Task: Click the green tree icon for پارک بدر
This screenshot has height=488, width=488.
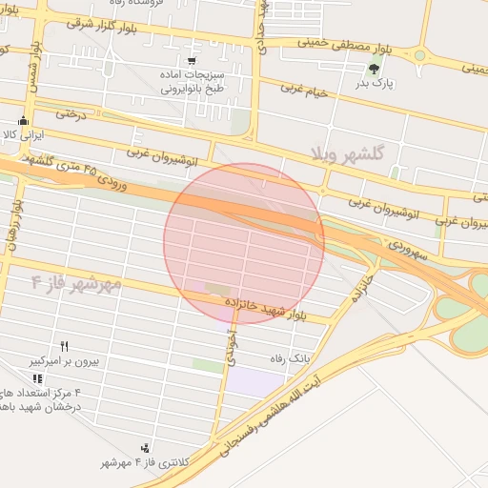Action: [374, 69]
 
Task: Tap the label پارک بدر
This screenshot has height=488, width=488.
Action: [374, 85]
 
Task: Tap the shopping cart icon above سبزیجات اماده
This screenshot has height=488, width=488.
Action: [193, 61]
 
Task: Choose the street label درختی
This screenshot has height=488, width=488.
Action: [71, 114]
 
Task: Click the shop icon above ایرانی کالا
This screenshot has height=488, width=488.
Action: [24, 121]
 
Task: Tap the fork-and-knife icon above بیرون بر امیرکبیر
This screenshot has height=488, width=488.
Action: [65, 347]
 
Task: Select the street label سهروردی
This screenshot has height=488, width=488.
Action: [412, 251]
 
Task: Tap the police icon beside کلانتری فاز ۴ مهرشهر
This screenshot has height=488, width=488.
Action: [145, 447]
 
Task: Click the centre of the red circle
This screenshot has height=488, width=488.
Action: [244, 244]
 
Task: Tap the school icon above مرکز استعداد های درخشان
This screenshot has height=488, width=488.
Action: [37, 377]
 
